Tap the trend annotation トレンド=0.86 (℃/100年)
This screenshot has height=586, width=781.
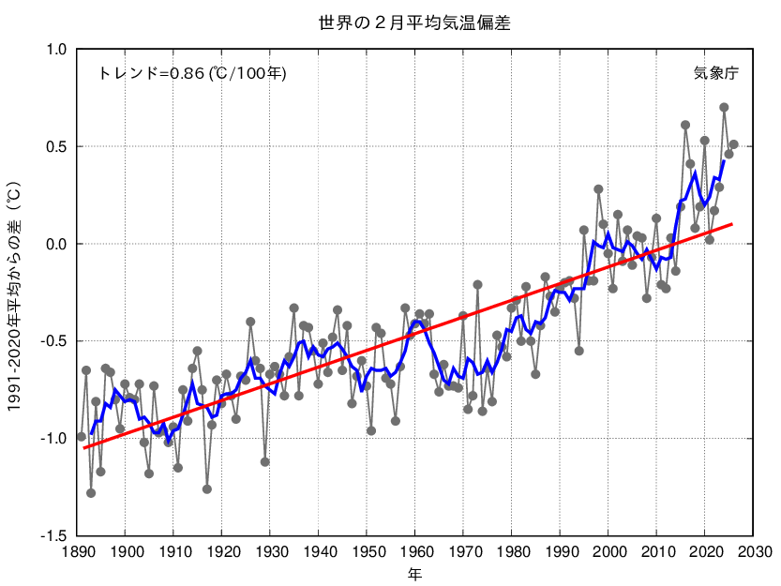(192, 73)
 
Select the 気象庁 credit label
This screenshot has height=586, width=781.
(716, 73)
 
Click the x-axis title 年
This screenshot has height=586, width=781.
(414, 573)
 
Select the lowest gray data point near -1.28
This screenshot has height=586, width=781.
(91, 493)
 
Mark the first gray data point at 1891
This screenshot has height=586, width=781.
(82, 437)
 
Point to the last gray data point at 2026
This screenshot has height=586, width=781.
(734, 144)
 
